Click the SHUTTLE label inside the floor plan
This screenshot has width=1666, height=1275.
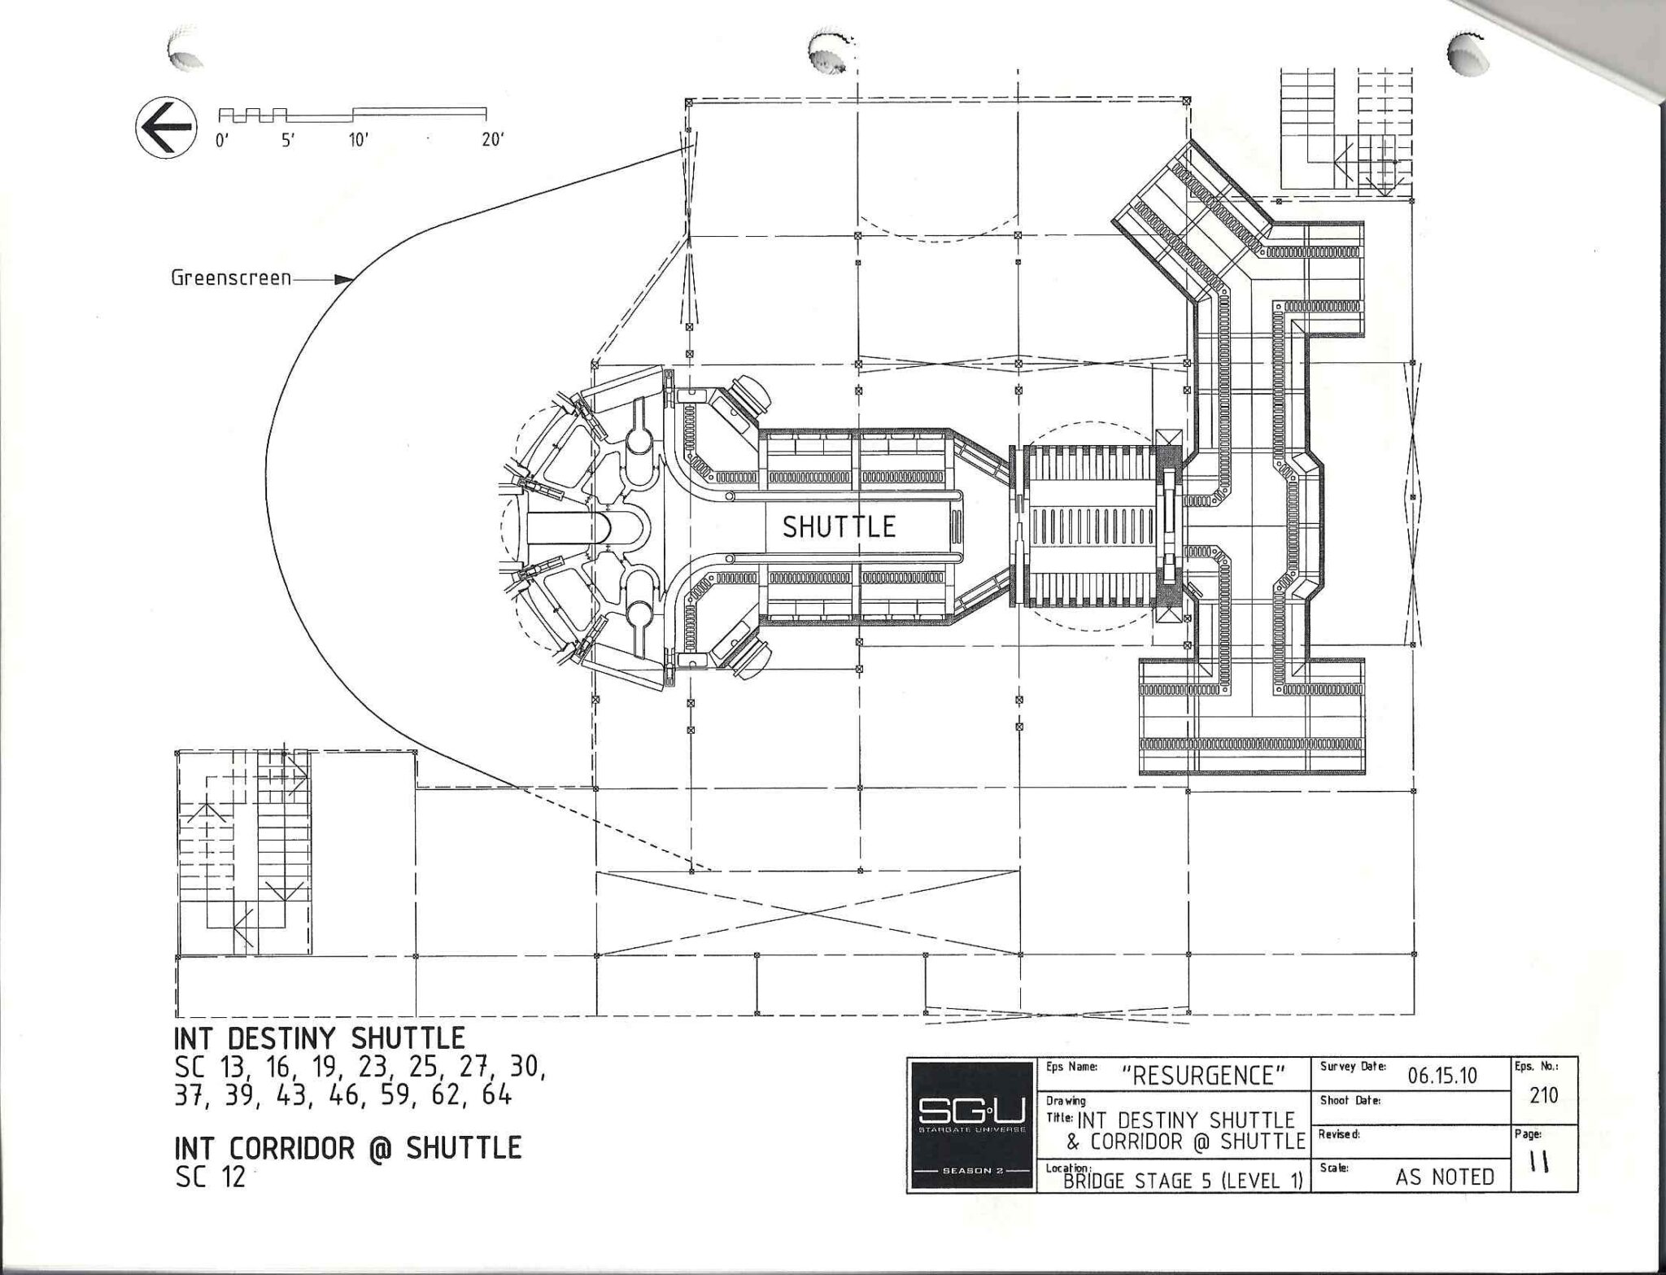pyautogui.click(x=839, y=527)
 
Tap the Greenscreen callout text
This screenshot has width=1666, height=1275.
pyautogui.click(x=231, y=278)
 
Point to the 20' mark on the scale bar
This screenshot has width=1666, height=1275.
pyautogui.click(x=492, y=140)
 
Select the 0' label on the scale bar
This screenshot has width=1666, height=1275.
pyautogui.click(x=222, y=140)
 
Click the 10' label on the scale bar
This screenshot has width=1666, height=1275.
pyautogui.click(x=359, y=140)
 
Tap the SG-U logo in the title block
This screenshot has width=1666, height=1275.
pyautogui.click(x=971, y=1125)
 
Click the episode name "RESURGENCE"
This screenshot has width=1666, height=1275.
pyautogui.click(x=1203, y=1076)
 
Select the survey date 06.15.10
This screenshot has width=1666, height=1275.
pyautogui.click(x=1442, y=1076)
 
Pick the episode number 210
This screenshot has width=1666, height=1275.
pyautogui.click(x=1543, y=1096)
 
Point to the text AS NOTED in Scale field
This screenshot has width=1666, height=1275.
pyautogui.click(x=1445, y=1177)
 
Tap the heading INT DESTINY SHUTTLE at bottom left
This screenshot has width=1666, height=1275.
pyautogui.click(x=320, y=1039)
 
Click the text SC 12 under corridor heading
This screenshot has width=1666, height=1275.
pyautogui.click(x=210, y=1177)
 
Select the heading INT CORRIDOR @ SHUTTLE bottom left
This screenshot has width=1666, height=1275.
pyautogui.click(x=347, y=1147)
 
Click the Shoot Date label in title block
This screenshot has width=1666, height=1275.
pyautogui.click(x=1350, y=1100)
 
